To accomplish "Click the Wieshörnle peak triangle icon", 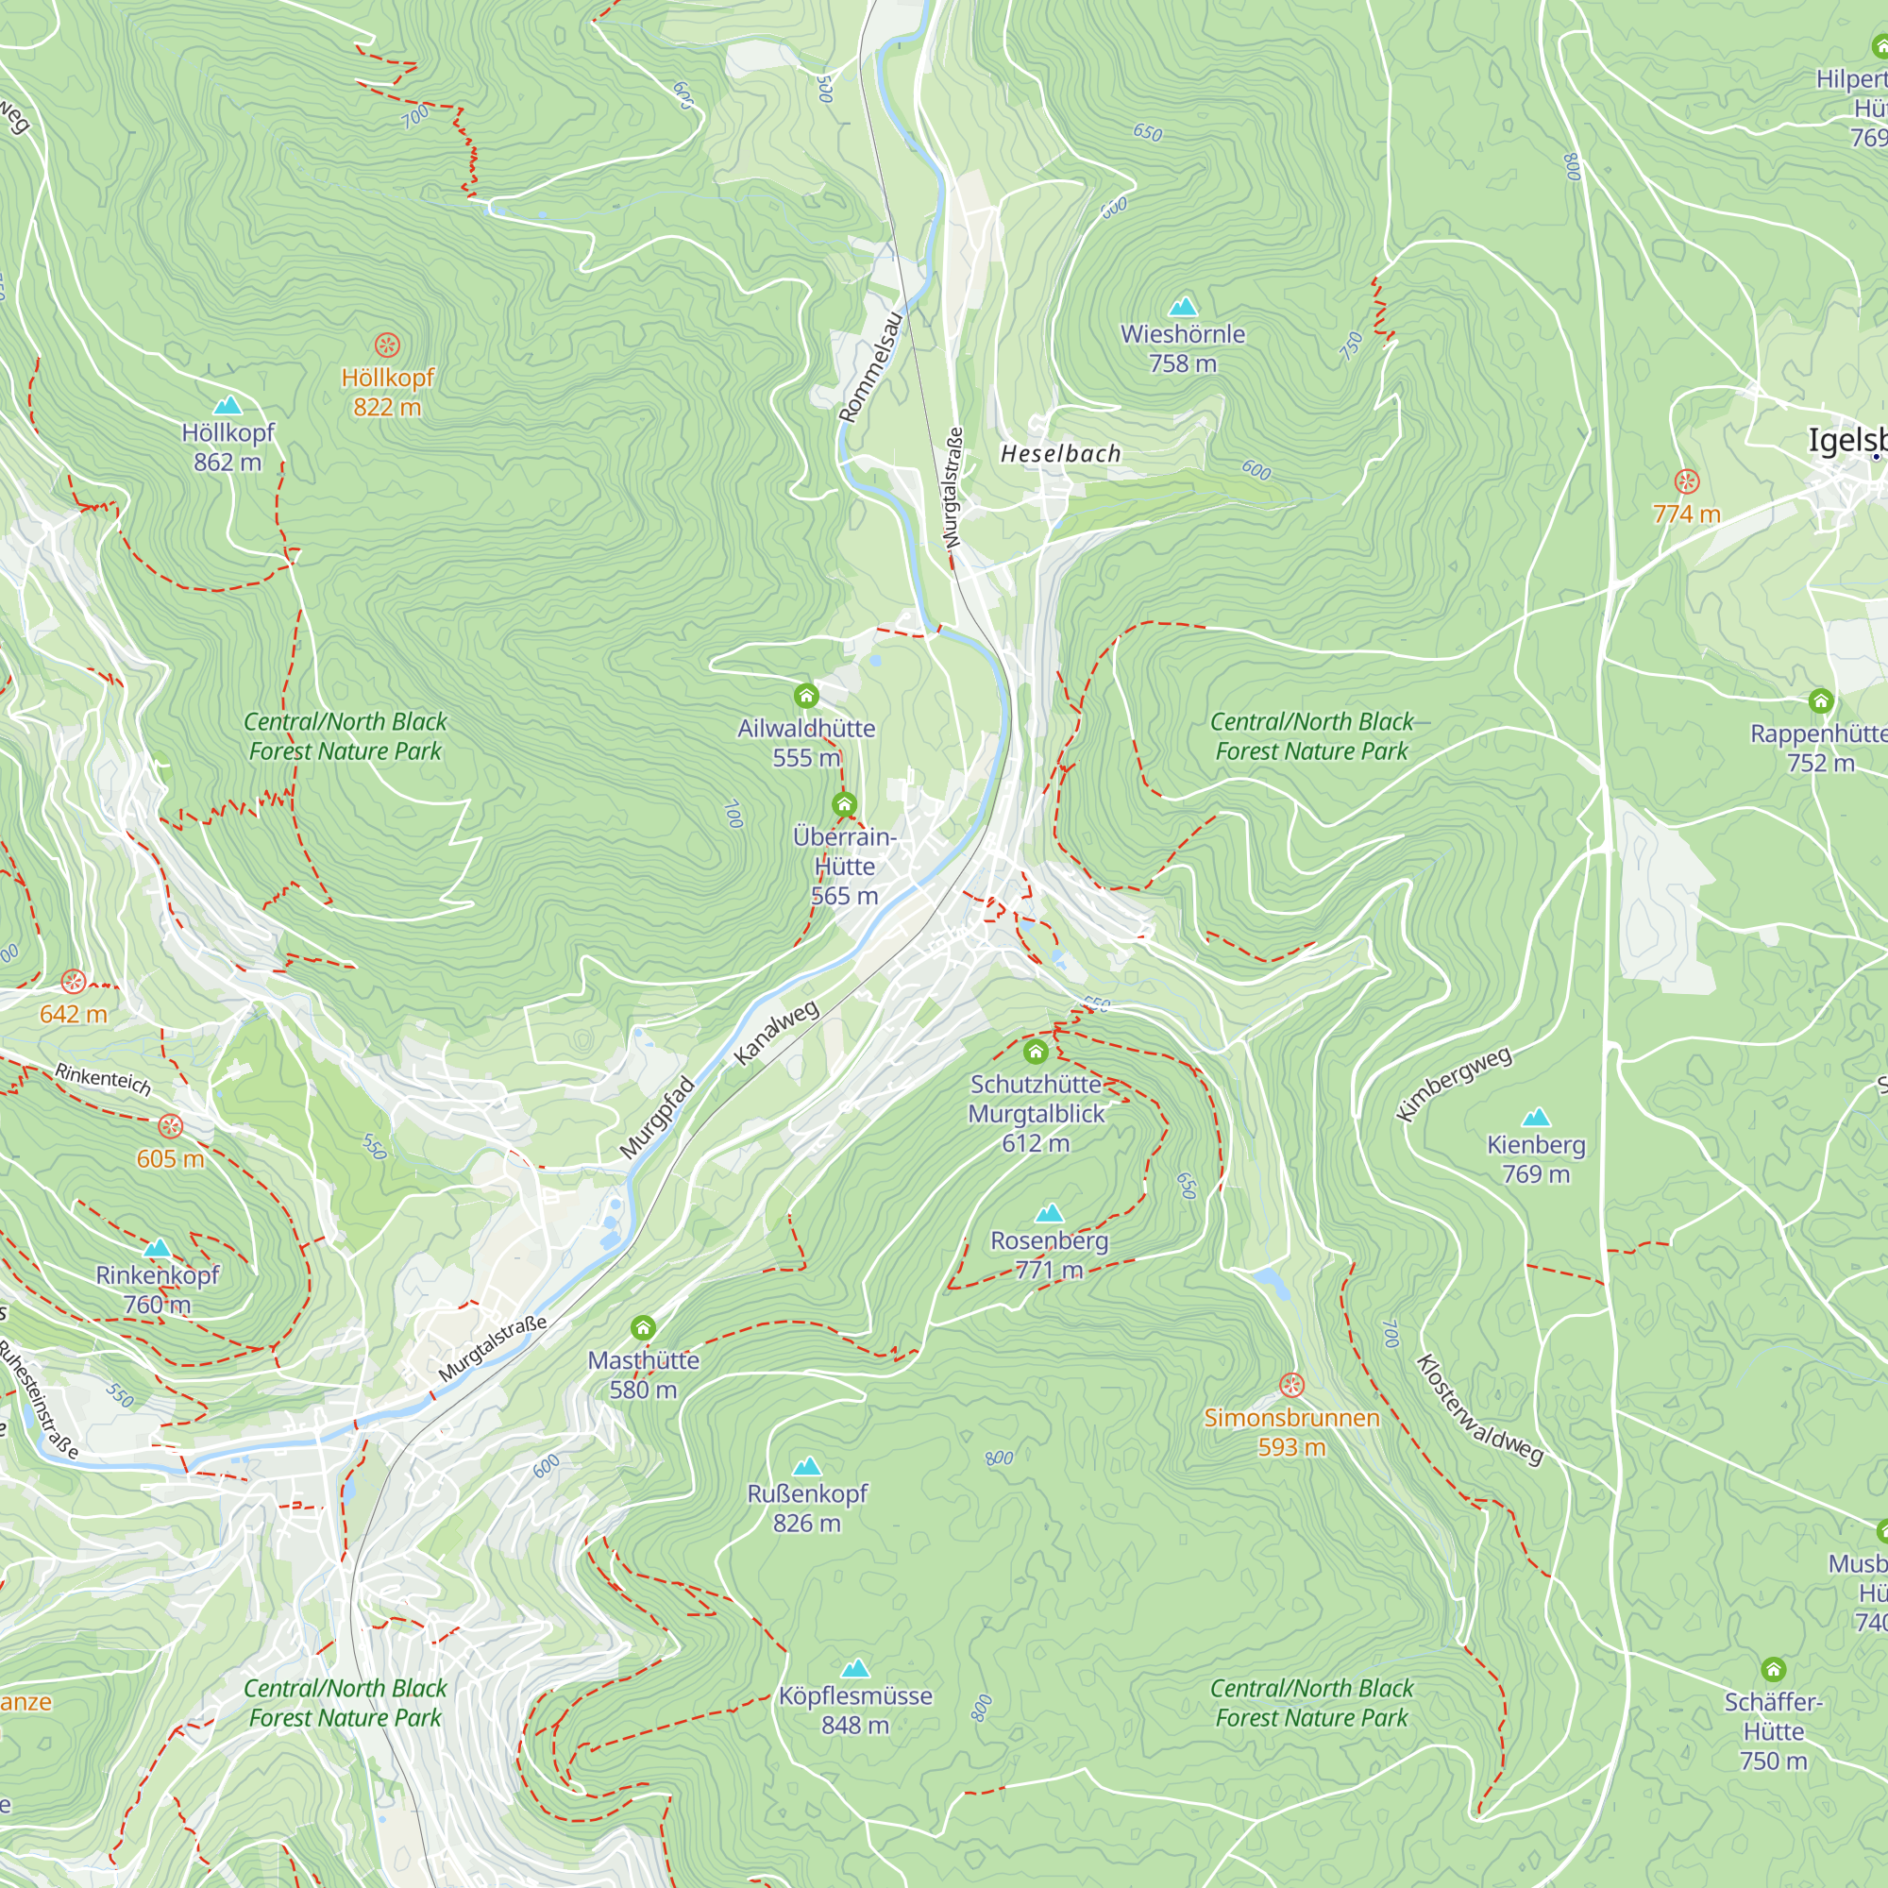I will point(1183,307).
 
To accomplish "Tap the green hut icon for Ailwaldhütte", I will point(805,696).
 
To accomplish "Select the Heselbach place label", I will point(1060,453).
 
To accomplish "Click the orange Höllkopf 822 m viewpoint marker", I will point(387,345).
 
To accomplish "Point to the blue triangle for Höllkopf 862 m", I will point(228,405).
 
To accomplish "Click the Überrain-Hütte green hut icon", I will point(844,805).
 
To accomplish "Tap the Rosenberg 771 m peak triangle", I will point(1049,1213).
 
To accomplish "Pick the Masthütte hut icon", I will point(642,1327).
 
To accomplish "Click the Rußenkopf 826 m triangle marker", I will point(806,1466).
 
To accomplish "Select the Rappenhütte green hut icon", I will point(1820,700).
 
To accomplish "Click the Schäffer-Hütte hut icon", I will point(1773,1669).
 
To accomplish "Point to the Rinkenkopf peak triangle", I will point(157,1248).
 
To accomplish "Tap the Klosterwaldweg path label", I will point(1479,1409).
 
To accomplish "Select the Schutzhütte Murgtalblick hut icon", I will point(1035,1052).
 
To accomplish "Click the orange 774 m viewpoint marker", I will point(1687,480).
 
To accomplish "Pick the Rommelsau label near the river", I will point(870,367).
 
